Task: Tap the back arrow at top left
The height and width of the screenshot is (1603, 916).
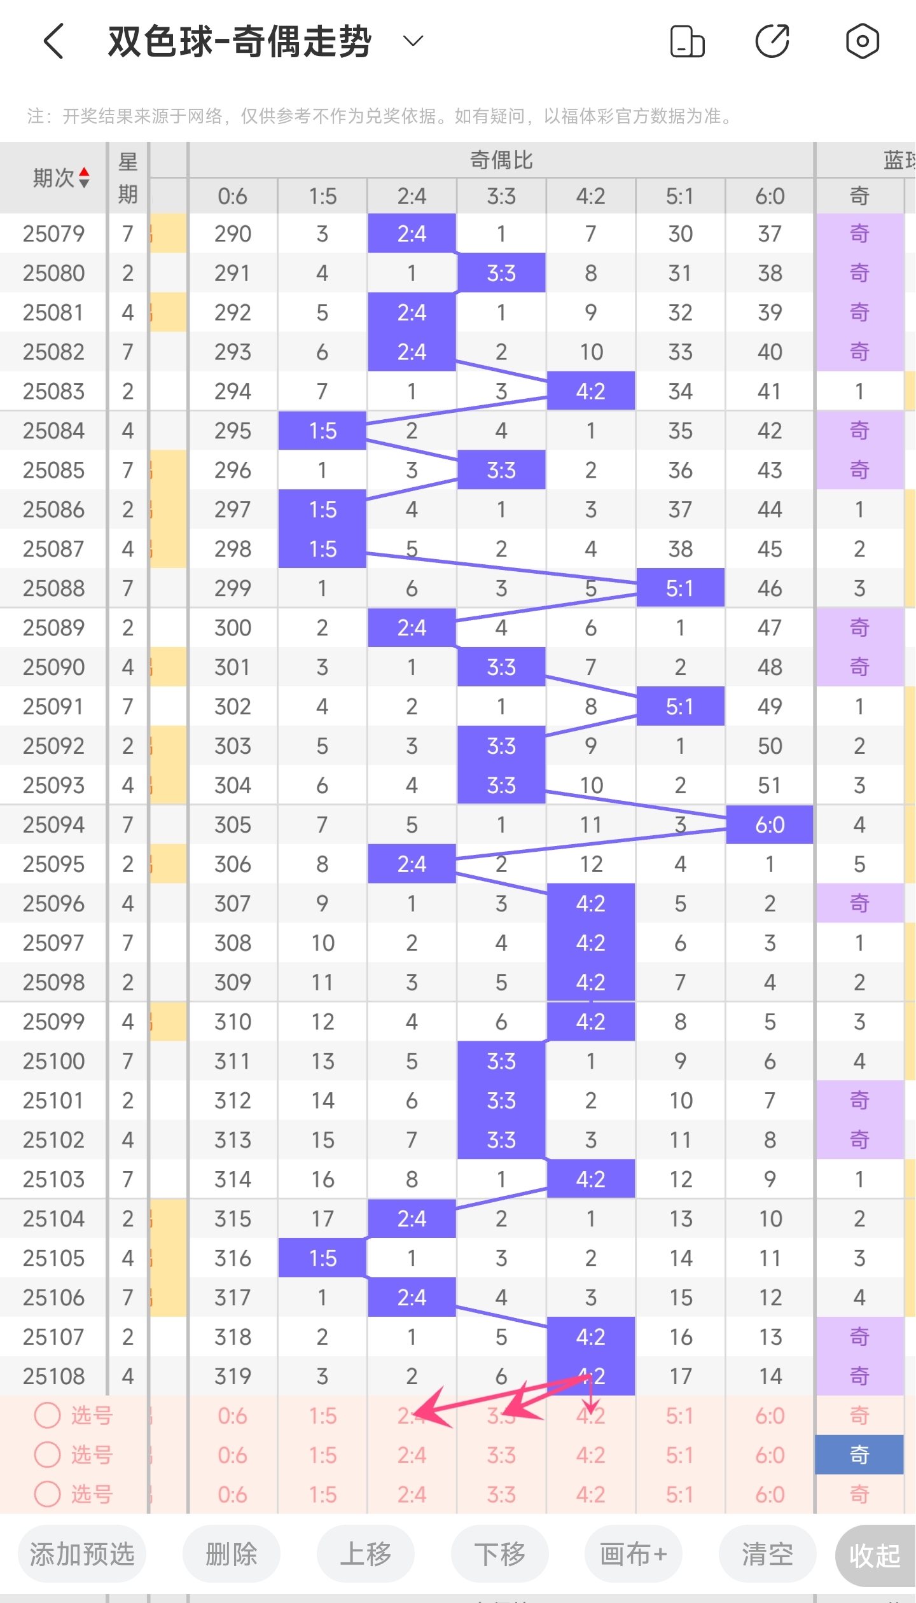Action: pyautogui.click(x=55, y=41)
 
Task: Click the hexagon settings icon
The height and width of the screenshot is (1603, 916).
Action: pyautogui.click(x=862, y=41)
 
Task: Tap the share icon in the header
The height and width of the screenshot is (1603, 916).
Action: pyautogui.click(x=772, y=41)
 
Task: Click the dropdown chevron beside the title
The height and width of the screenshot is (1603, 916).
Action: pyautogui.click(x=413, y=41)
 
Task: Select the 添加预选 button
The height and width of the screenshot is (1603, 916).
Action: pyautogui.click(x=82, y=1554)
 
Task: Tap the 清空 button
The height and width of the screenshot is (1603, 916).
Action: pyautogui.click(x=767, y=1554)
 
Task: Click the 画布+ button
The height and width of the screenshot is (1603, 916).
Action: pyautogui.click(x=633, y=1554)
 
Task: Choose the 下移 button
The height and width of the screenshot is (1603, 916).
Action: pyautogui.click(x=499, y=1554)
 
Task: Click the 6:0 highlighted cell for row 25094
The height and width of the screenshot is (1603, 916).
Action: pyautogui.click(x=770, y=825)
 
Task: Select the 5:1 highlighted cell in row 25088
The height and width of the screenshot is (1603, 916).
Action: pyautogui.click(x=680, y=588)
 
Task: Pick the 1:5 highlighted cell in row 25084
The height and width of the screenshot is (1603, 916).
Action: pyautogui.click(x=323, y=431)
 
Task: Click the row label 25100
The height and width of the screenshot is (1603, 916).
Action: pyautogui.click(x=53, y=1061)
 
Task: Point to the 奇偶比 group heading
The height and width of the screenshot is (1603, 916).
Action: pyautogui.click(x=501, y=160)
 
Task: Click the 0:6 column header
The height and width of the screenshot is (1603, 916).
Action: pyautogui.click(x=232, y=196)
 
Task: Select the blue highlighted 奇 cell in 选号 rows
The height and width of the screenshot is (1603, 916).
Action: pyautogui.click(x=859, y=1455)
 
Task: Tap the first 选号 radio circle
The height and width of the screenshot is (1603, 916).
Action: pyautogui.click(x=47, y=1415)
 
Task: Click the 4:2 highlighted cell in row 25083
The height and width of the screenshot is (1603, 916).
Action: pyautogui.click(x=590, y=391)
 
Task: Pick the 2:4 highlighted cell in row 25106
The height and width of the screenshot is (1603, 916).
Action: pyautogui.click(x=412, y=1297)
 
